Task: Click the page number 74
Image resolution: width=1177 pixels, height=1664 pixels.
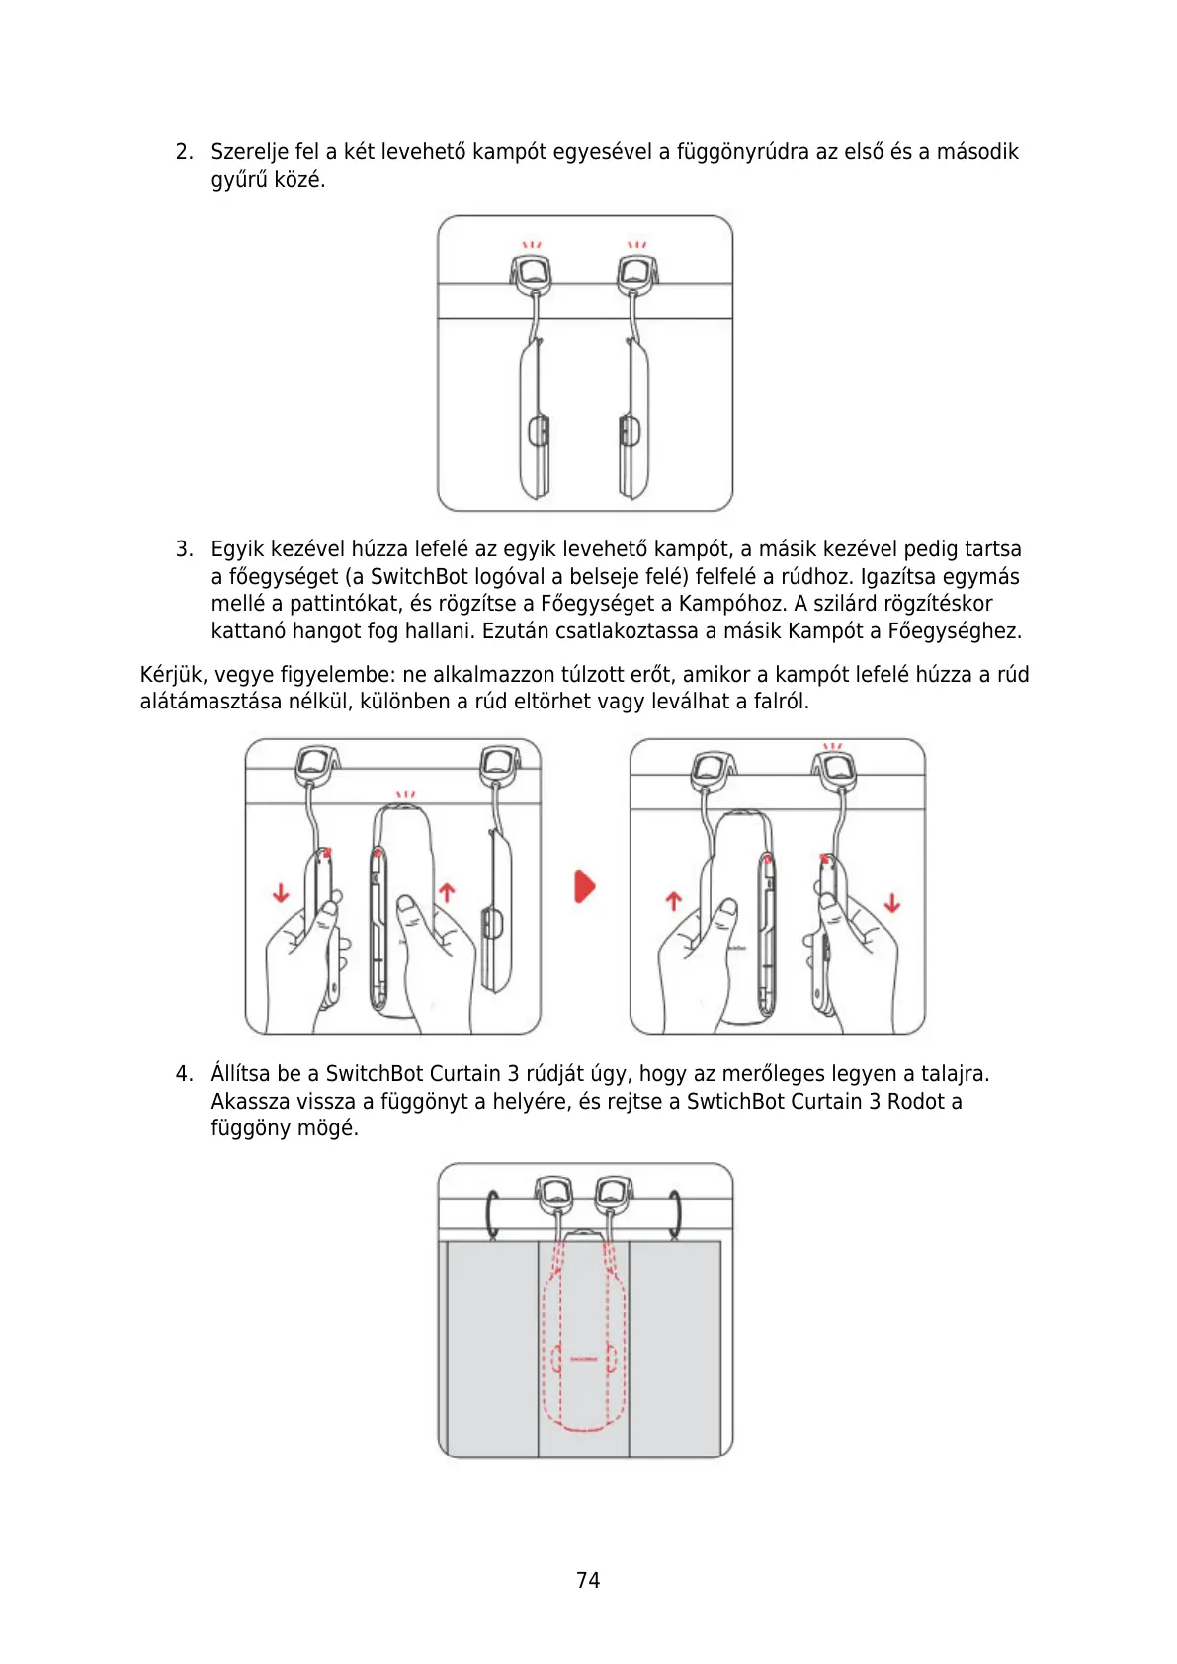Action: click(x=588, y=1580)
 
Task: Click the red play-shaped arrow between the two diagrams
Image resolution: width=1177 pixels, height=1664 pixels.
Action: click(x=585, y=886)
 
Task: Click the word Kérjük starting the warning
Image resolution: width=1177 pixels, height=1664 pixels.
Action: click(x=173, y=675)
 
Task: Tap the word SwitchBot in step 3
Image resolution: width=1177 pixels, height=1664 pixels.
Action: click(x=418, y=577)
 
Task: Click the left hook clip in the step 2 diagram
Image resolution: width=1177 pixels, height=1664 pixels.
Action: click(x=532, y=273)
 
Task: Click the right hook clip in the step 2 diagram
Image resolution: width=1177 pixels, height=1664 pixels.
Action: click(x=637, y=273)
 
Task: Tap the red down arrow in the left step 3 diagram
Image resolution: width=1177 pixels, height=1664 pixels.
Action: click(x=281, y=893)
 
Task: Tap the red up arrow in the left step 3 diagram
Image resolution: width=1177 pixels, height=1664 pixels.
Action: click(x=447, y=893)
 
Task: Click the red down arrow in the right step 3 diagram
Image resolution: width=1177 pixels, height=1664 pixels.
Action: click(x=892, y=902)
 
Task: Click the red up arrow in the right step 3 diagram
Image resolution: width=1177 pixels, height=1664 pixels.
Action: click(x=674, y=902)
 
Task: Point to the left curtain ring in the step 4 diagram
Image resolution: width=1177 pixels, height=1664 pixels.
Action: click(x=492, y=1212)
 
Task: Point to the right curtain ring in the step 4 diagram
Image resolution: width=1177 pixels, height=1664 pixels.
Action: click(x=678, y=1212)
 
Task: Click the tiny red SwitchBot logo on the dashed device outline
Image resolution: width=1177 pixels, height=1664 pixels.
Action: click(x=584, y=1359)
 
